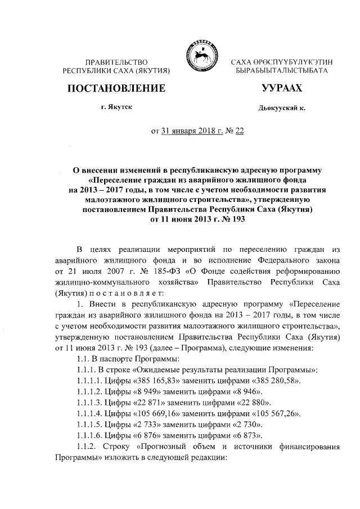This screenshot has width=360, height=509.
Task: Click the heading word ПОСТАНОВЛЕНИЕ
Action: pos(116,88)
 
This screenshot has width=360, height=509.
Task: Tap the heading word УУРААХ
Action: pos(282,88)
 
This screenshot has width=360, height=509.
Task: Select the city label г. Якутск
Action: pos(117,107)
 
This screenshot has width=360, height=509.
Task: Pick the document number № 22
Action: pos(237,131)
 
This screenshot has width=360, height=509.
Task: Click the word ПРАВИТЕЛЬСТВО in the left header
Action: pos(116,60)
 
